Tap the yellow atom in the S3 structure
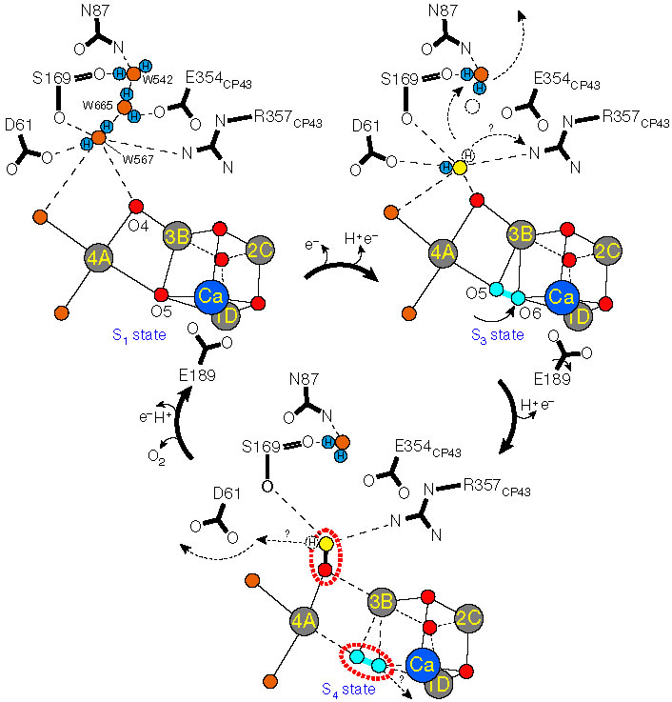[x=460, y=169]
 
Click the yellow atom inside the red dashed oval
[x=326, y=545]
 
